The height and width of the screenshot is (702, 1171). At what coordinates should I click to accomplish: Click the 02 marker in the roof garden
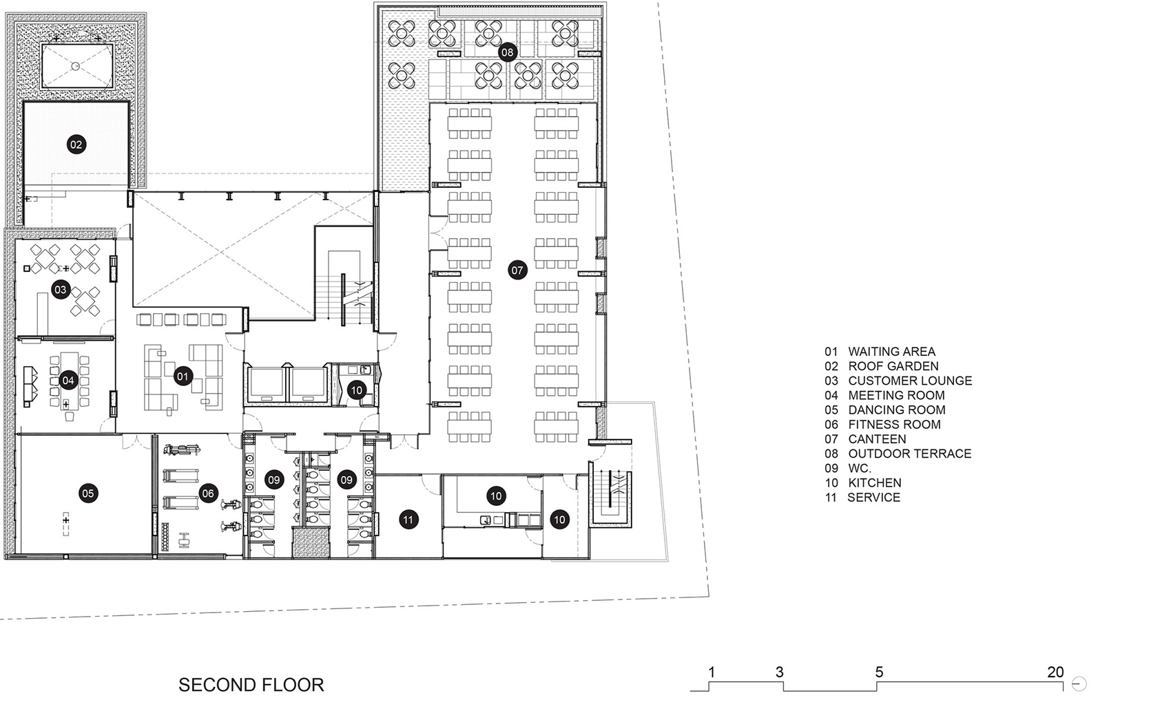[x=76, y=145]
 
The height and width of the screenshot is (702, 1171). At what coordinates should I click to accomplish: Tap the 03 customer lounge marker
[x=61, y=289]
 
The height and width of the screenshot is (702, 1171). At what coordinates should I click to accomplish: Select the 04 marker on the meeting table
[x=68, y=380]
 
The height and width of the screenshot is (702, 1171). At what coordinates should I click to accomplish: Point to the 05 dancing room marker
[x=88, y=493]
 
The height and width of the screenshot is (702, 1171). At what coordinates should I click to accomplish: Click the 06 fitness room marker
[x=208, y=493]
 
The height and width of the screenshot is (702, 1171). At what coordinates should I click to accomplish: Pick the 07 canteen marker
[x=517, y=270]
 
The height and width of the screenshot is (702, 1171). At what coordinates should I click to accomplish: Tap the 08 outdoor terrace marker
[x=507, y=52]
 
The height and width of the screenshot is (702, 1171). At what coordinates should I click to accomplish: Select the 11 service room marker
[x=408, y=520]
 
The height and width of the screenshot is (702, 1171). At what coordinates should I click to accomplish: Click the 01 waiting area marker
[x=183, y=376]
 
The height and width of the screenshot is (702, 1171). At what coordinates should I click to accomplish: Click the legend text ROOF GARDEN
[x=893, y=366]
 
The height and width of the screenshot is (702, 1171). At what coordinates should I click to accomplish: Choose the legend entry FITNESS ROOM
[x=895, y=425]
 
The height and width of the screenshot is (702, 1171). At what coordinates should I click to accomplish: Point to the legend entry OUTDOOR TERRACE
[x=910, y=454]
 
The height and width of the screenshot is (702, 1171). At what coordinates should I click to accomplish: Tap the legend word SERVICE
[x=873, y=498]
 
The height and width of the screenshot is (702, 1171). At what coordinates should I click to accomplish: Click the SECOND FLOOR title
[x=251, y=685]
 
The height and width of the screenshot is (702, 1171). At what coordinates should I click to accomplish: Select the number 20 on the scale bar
[x=1055, y=672]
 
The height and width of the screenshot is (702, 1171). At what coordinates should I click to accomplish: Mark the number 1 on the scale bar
[x=712, y=672]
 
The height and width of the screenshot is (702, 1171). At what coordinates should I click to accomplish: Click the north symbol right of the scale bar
[x=1079, y=683]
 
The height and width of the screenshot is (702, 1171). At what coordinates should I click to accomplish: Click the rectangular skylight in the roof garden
[x=77, y=66]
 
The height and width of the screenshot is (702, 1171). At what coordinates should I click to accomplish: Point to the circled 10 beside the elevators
[x=357, y=390]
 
